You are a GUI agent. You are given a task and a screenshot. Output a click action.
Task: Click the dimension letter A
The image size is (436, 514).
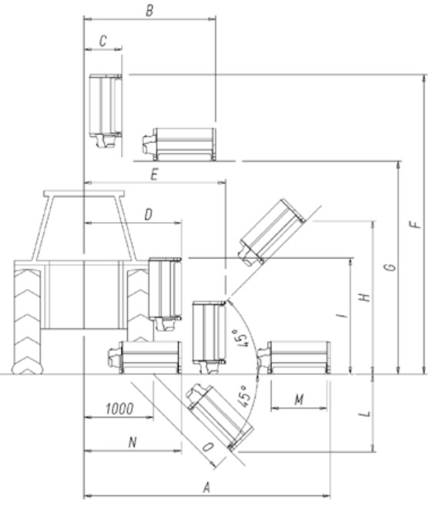point(206,488)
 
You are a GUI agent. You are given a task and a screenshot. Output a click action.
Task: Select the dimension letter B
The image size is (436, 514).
point(149,11)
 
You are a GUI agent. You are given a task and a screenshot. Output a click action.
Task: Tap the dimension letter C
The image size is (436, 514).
point(102,42)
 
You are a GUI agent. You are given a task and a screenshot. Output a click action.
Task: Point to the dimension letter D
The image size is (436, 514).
point(148,215)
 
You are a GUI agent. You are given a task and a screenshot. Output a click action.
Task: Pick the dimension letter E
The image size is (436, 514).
point(154,174)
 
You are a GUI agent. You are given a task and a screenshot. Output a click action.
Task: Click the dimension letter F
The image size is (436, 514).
point(415,225)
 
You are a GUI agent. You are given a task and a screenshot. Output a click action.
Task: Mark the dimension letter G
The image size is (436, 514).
point(391,268)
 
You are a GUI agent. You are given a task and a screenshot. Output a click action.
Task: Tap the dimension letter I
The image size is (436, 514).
point(342,316)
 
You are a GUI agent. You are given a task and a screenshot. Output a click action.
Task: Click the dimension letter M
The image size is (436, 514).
point(299,400)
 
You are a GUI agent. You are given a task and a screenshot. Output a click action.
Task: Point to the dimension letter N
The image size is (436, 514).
point(132,442)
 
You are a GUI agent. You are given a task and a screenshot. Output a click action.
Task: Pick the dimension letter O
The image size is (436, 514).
point(208,447)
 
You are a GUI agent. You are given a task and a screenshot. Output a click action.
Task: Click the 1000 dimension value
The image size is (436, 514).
point(119,409)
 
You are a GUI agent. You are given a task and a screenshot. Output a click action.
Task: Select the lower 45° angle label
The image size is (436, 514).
point(245,396)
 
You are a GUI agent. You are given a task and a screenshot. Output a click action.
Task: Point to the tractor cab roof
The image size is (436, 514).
point(84,194)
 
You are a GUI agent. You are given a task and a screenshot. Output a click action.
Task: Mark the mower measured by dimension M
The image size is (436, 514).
point(293,357)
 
